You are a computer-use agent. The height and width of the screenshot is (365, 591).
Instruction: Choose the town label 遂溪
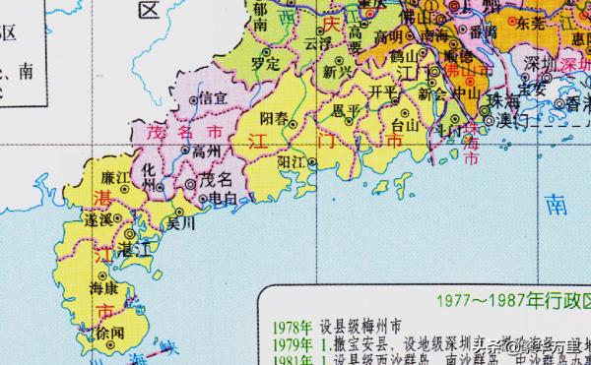[x=98, y=222]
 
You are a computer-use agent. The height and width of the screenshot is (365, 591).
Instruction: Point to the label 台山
[x=405, y=126]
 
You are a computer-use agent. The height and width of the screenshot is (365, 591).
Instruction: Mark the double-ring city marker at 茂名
[x=191, y=183]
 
